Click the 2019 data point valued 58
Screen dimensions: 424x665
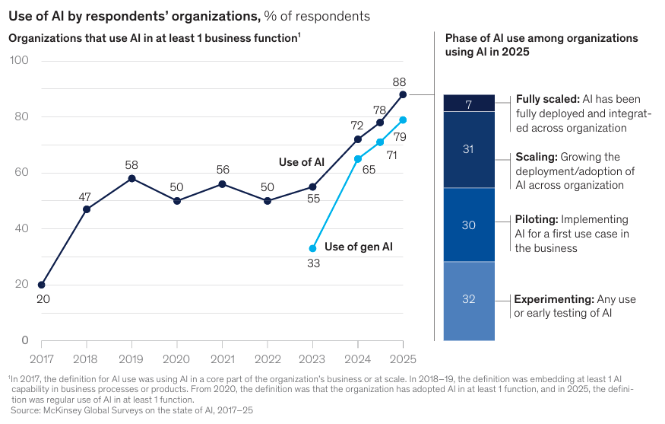click(131, 178)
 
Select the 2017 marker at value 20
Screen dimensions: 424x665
click(41, 285)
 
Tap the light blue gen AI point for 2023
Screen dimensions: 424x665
click(312, 248)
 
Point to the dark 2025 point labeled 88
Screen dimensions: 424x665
click(403, 94)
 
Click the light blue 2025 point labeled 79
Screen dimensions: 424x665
click(403, 120)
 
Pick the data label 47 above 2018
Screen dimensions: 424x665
click(86, 196)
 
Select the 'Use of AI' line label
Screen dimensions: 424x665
click(302, 162)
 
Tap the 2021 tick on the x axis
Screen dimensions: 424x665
click(222, 358)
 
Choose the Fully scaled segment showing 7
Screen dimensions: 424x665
click(469, 104)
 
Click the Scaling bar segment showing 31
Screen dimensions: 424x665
click(469, 149)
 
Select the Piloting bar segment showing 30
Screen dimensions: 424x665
click(469, 225)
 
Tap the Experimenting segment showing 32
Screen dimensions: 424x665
click(469, 300)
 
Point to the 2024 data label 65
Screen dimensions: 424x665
click(369, 171)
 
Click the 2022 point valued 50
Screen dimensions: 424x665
click(268, 201)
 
